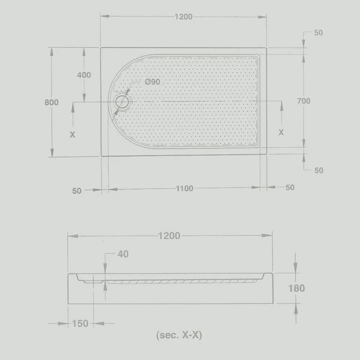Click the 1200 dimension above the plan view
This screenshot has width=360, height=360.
(x=183, y=17)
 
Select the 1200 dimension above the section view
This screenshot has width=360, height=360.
(x=170, y=236)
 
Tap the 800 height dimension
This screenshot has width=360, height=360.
(x=52, y=103)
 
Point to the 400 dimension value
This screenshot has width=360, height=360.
(x=84, y=75)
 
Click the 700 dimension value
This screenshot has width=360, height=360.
(x=304, y=101)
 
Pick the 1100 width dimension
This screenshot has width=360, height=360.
(x=184, y=189)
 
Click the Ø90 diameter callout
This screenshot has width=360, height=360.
(x=153, y=82)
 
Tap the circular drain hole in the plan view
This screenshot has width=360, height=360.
(x=122, y=102)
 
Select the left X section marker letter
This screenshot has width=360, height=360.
(x=73, y=134)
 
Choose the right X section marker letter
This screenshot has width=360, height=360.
(x=281, y=132)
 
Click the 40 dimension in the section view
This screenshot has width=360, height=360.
(x=123, y=254)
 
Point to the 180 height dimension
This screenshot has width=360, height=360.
(x=296, y=289)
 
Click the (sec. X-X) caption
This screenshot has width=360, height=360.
(x=179, y=336)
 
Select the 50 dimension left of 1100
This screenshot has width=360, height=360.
(x=76, y=190)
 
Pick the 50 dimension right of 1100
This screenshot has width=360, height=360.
(x=290, y=188)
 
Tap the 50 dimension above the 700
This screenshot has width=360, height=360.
(x=319, y=33)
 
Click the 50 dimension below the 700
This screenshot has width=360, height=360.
(x=319, y=170)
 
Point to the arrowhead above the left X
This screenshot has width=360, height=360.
(x=73, y=106)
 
